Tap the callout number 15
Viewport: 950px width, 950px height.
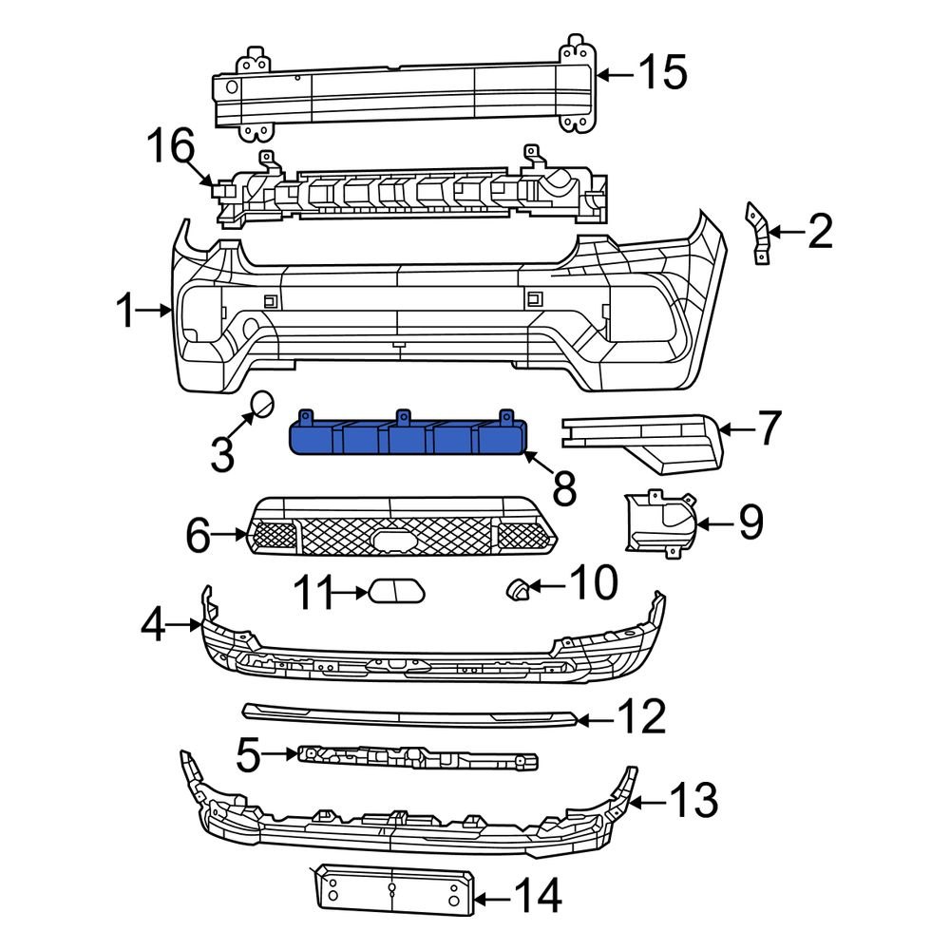pyautogui.click(x=661, y=72)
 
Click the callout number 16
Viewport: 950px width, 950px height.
pyautogui.click(x=171, y=148)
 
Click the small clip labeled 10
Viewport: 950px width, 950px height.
pyautogui.click(x=517, y=590)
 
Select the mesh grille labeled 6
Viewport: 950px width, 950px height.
pyautogui.click(x=399, y=537)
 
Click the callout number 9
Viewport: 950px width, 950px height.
pyautogui.click(x=750, y=522)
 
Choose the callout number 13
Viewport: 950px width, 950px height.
pyautogui.click(x=693, y=803)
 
